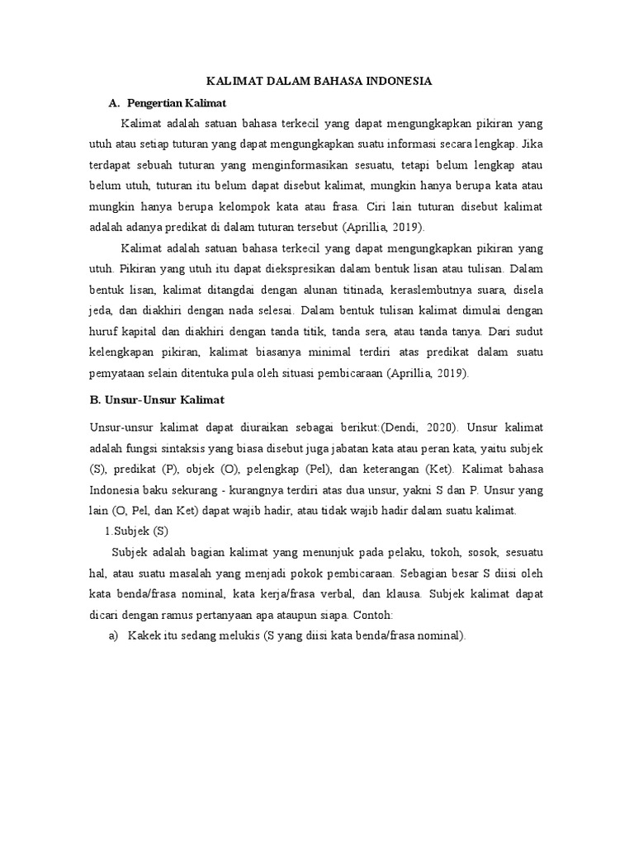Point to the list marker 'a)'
pyautogui.click(x=114, y=635)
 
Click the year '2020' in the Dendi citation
pyautogui.click(x=442, y=427)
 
